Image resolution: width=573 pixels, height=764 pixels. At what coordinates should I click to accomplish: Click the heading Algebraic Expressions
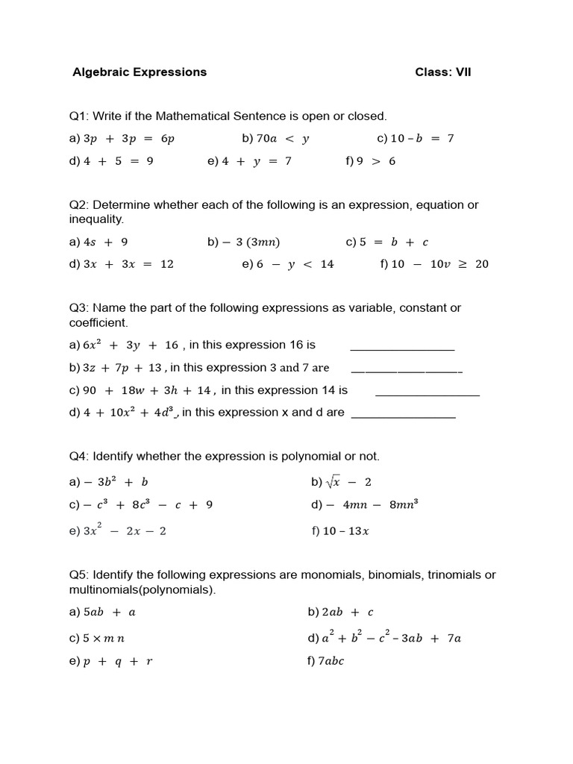coord(140,72)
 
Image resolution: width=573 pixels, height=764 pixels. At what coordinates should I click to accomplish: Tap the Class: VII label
coord(443,72)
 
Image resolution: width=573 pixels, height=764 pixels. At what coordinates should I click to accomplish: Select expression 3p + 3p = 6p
coord(129,139)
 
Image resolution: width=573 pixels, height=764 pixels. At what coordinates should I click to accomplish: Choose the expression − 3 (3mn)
coord(251,242)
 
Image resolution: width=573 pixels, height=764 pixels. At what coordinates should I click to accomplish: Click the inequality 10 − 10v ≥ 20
coord(439,264)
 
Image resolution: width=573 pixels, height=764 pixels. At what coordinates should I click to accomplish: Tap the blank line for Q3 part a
coord(402,347)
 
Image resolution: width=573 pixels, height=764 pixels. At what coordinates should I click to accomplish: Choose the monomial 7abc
coord(332,661)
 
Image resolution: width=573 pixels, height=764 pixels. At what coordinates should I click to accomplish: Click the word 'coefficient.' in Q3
coord(98,323)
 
